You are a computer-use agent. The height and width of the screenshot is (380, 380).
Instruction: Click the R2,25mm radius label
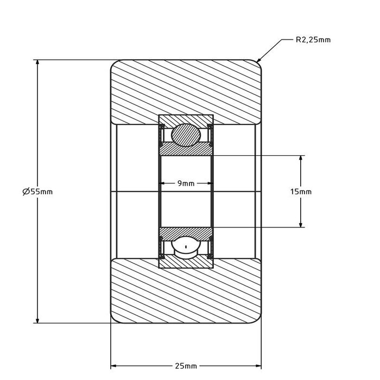click(313, 40)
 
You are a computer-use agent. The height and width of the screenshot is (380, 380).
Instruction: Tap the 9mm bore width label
click(186, 183)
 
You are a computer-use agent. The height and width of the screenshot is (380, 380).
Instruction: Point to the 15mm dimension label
click(301, 192)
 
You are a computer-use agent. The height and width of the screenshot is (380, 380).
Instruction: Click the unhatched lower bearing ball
click(186, 247)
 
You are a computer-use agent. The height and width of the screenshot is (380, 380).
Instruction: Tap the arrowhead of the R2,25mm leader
click(259, 59)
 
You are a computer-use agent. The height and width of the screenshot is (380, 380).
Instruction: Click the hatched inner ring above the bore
click(186, 149)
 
